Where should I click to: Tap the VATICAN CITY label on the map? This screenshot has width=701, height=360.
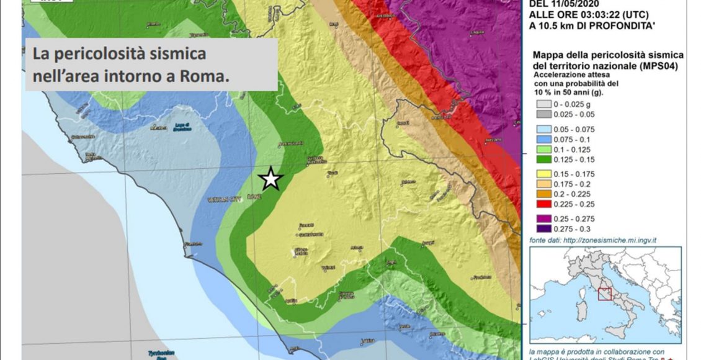pos(225,200)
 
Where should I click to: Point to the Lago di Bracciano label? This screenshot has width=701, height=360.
pos(181,127)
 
